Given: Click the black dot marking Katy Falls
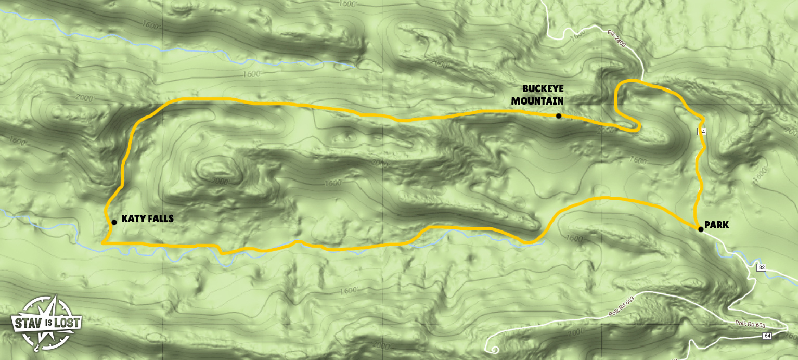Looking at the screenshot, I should (114, 222).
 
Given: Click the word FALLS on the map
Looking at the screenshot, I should (159, 219).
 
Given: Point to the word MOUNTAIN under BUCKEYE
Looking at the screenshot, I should (537, 100).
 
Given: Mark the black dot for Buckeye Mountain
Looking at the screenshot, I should (558, 116).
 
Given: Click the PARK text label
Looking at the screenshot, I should (716, 225).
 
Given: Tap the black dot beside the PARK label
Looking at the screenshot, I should (701, 229).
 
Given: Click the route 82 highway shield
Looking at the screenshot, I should (761, 267).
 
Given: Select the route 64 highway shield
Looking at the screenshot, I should (767, 336).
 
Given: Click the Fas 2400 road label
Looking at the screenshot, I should (617, 38).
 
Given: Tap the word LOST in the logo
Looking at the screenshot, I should (68, 323).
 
